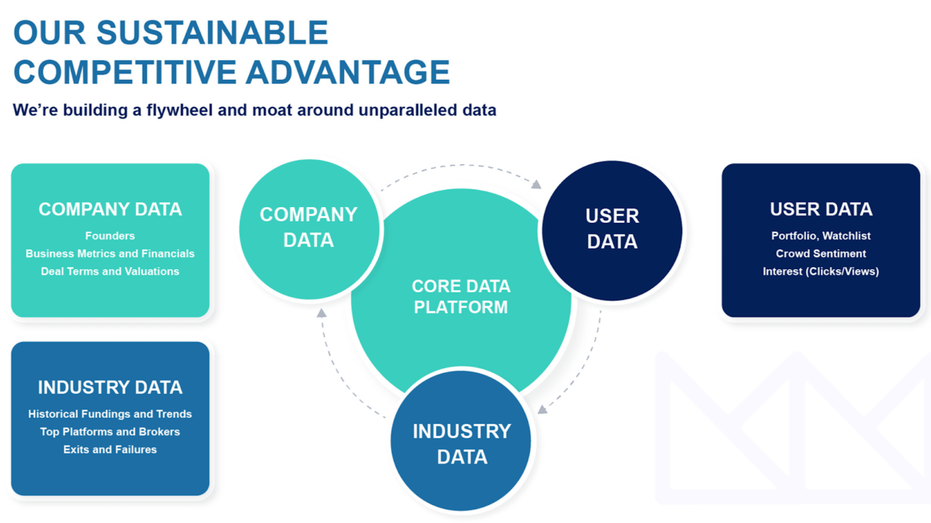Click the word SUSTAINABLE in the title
212,33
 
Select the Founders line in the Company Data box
110,236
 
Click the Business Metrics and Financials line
110,253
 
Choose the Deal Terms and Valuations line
110,272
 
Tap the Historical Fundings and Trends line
110,414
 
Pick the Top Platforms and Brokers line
110,431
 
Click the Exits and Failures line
110,450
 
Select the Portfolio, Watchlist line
821,236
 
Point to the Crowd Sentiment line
821,253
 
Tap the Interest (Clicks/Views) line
821,272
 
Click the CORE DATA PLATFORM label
461,297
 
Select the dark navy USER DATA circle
612,229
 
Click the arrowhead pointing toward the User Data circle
536,184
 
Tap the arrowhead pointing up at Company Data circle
321,313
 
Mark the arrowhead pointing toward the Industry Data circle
543,409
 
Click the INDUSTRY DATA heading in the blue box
110,388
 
